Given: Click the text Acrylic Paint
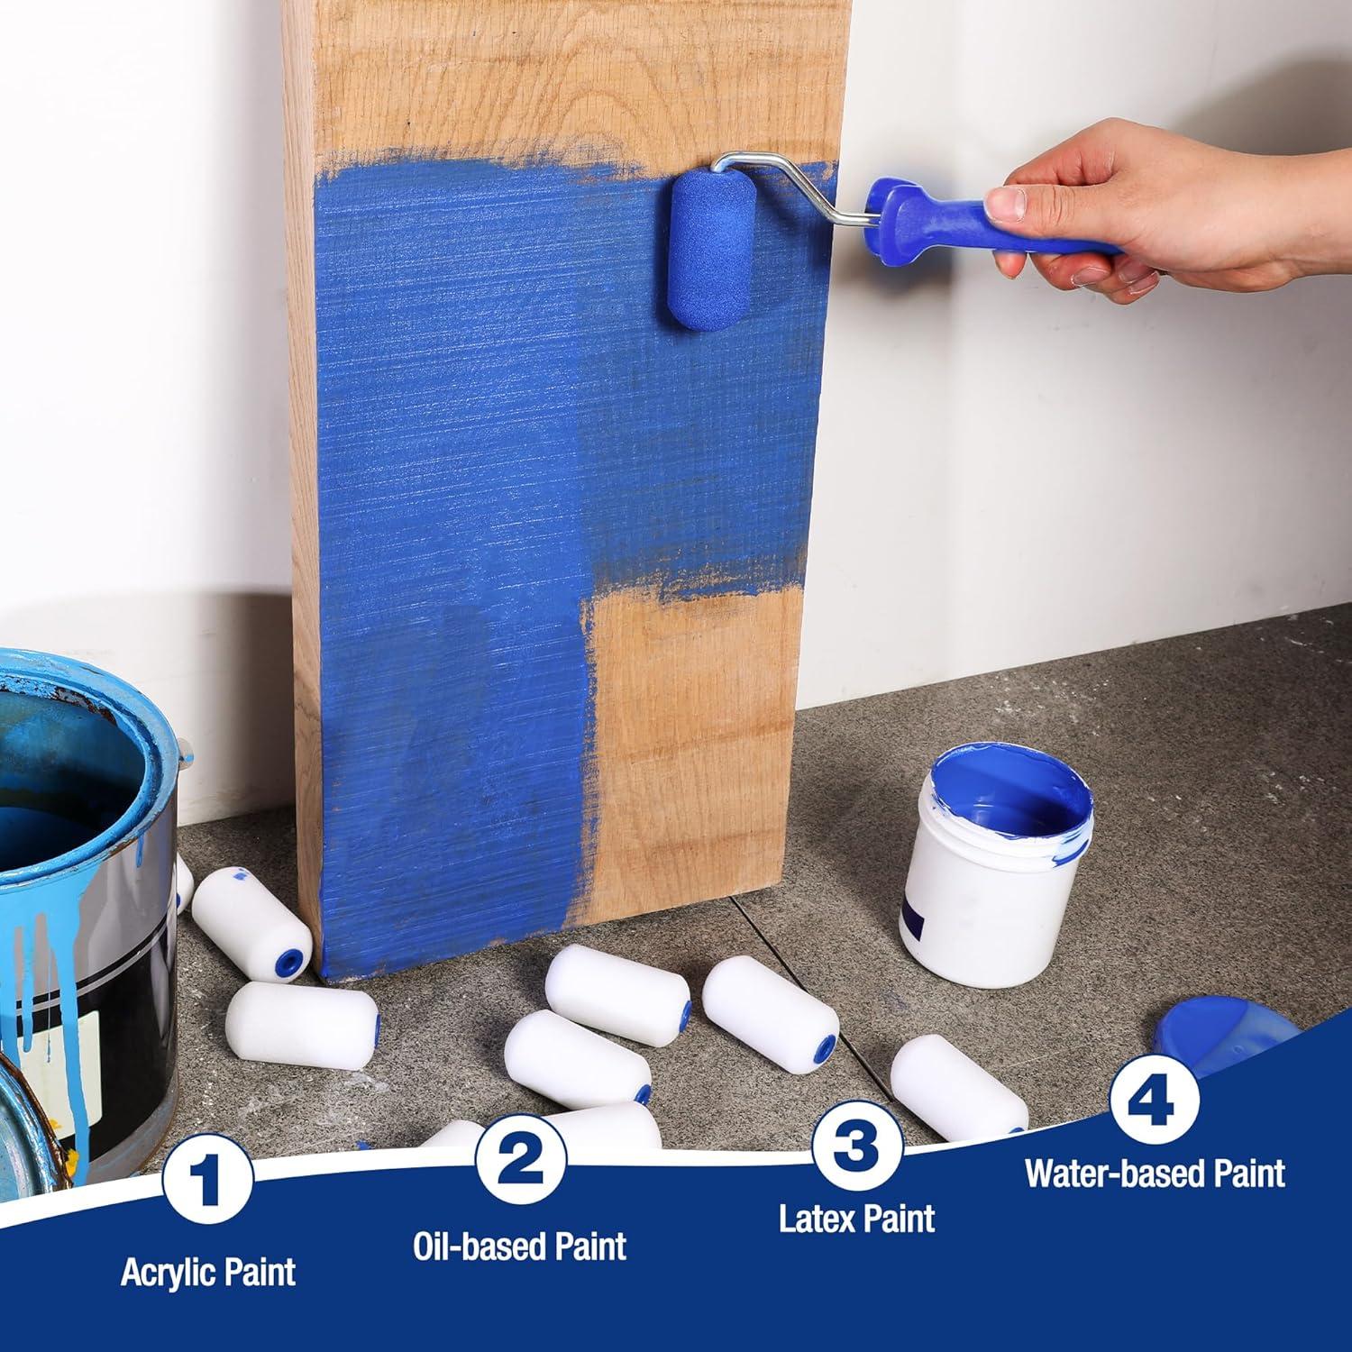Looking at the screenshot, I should tap(208, 1272).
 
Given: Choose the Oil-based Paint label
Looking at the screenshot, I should tap(520, 1246).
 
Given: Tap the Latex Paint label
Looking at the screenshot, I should tap(856, 1219).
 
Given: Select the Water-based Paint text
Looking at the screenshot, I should tap(1155, 1174).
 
